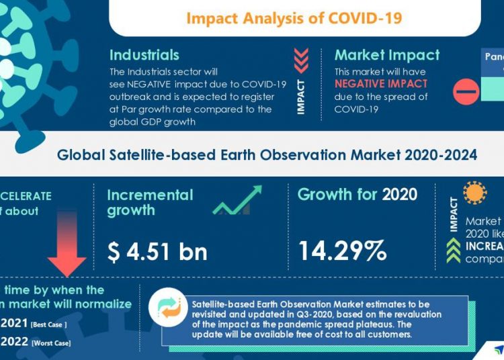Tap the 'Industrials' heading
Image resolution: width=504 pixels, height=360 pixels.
click(144, 55)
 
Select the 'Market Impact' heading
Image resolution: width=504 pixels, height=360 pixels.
click(387, 55)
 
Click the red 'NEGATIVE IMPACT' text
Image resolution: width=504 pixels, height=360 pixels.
click(381, 84)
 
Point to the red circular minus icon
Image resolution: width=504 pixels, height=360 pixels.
click(466, 91)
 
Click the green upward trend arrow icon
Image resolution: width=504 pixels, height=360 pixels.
click(238, 201)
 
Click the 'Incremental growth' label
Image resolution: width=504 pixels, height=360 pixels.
click(150, 202)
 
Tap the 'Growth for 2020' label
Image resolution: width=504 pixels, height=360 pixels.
click(357, 195)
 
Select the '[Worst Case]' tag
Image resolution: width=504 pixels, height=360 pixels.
click(52, 343)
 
